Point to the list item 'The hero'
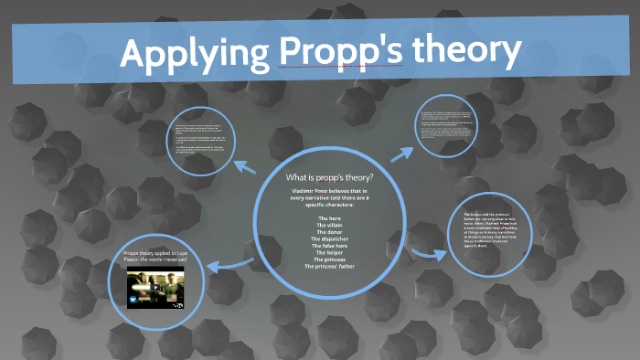[329, 218]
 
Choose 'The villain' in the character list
[329, 227]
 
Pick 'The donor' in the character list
[329, 235]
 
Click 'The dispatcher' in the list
[329, 242]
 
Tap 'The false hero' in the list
[329, 250]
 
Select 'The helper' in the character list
[329, 258]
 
